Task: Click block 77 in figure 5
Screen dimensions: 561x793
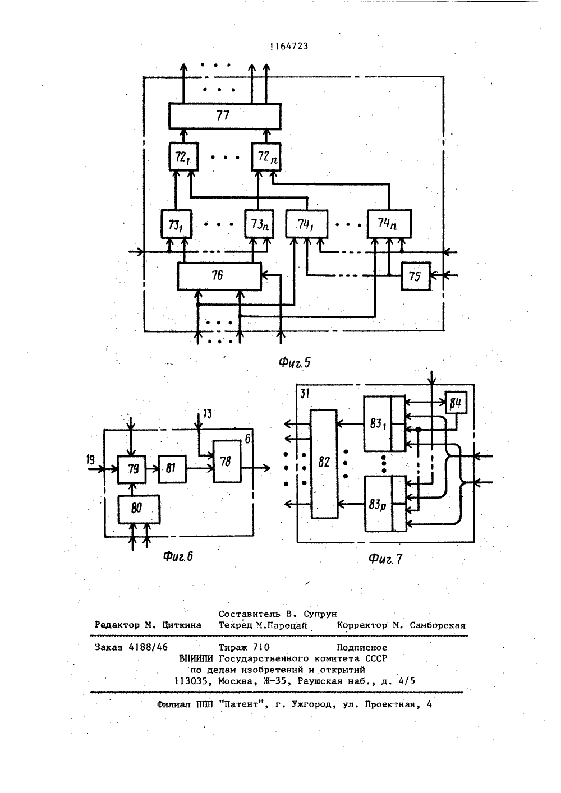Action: [225, 116]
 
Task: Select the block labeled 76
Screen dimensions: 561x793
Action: [219, 276]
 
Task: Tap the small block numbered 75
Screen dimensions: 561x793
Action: [416, 276]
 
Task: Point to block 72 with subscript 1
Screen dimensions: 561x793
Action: [183, 156]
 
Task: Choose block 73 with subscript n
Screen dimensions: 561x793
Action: [259, 224]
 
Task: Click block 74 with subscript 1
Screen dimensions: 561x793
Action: [307, 224]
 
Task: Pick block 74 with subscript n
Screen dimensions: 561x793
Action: [389, 224]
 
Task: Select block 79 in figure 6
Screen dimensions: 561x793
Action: [131, 469]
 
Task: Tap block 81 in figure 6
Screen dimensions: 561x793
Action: [172, 469]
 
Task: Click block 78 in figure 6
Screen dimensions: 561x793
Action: [227, 462]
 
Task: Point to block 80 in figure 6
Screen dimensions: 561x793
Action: [139, 509]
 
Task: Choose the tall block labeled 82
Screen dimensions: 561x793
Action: [324, 464]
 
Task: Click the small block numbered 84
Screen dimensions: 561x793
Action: [456, 403]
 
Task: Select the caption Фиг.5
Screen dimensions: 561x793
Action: [295, 362]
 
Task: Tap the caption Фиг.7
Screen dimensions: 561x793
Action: [386, 559]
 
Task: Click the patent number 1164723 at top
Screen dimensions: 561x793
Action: [289, 47]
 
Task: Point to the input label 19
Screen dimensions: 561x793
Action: [90, 460]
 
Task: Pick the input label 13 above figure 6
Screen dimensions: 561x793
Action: [207, 414]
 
